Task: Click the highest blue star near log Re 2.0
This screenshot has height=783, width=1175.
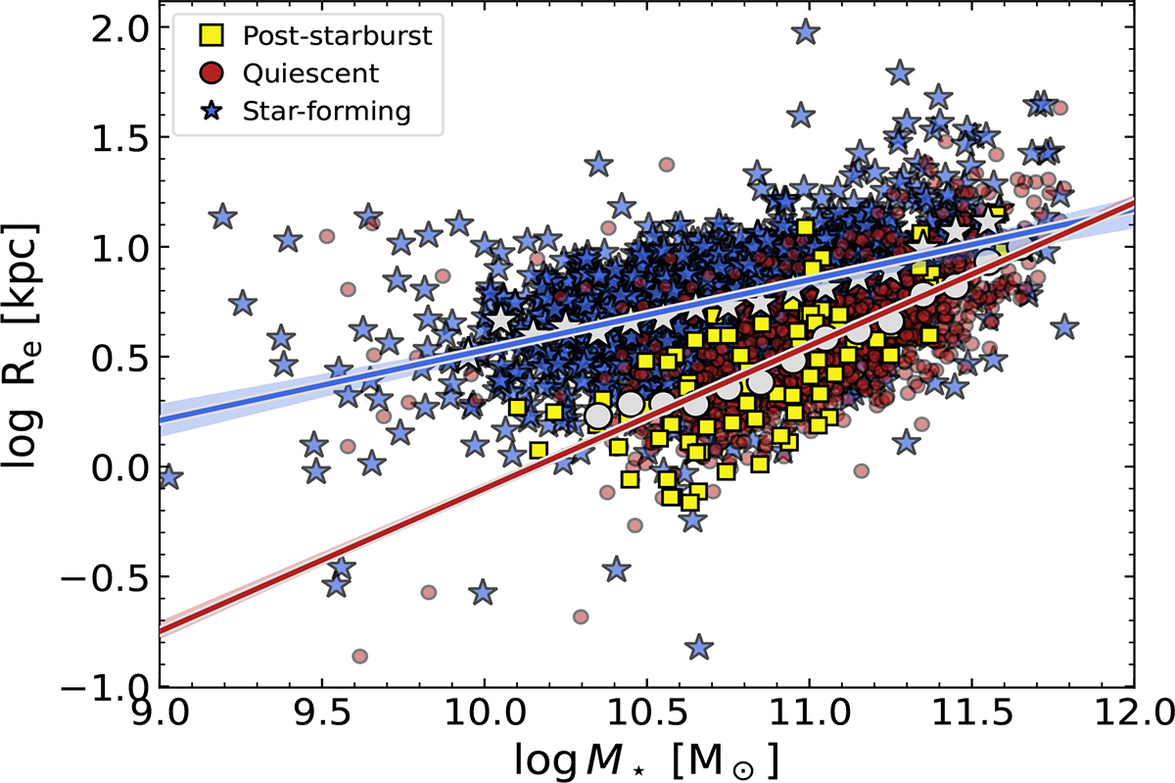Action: click(806, 31)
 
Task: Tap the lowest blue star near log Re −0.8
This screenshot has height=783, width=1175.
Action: click(699, 647)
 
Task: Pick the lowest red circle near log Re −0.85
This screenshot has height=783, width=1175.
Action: click(359, 656)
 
